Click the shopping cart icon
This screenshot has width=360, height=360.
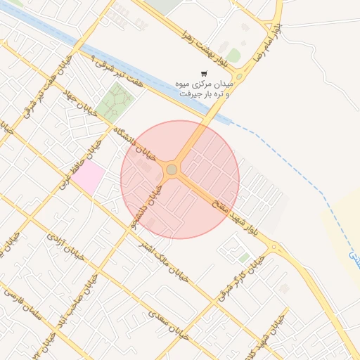coord(204,73)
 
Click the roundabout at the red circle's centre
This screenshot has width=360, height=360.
coord(172,169)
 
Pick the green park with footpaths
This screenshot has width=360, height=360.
coord(115,101)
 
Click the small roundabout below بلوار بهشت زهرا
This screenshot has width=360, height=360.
coord(239,76)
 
